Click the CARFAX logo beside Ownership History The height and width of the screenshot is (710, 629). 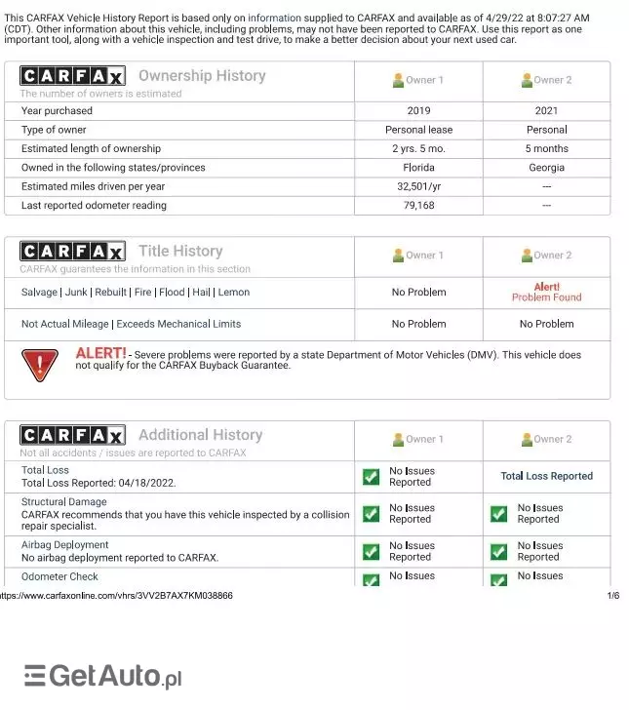point(72,76)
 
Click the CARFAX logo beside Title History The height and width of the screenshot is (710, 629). point(72,252)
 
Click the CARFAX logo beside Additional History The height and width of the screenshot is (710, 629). point(72,435)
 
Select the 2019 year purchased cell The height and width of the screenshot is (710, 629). point(418,111)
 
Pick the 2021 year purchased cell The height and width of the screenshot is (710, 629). point(546,111)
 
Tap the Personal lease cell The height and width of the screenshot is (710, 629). point(418,130)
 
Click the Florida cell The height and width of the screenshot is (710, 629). point(418,168)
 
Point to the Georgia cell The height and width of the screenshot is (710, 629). point(546,168)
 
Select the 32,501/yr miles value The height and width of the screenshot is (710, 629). point(418,186)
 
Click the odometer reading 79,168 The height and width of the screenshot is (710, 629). point(418,206)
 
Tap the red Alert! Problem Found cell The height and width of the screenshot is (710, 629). point(546,292)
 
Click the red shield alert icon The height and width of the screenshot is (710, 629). point(40,364)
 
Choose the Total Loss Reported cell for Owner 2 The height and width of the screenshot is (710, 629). point(546,476)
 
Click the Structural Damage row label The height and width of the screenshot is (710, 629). point(64,502)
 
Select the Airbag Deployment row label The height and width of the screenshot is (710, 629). point(65,545)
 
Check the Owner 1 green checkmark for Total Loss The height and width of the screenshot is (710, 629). point(371,477)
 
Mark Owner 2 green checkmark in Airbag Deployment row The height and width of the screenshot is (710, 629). point(498,552)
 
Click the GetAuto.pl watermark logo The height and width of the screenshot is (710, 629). point(103,676)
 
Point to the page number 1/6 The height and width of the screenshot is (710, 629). point(613,595)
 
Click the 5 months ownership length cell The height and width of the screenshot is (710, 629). point(546,149)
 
